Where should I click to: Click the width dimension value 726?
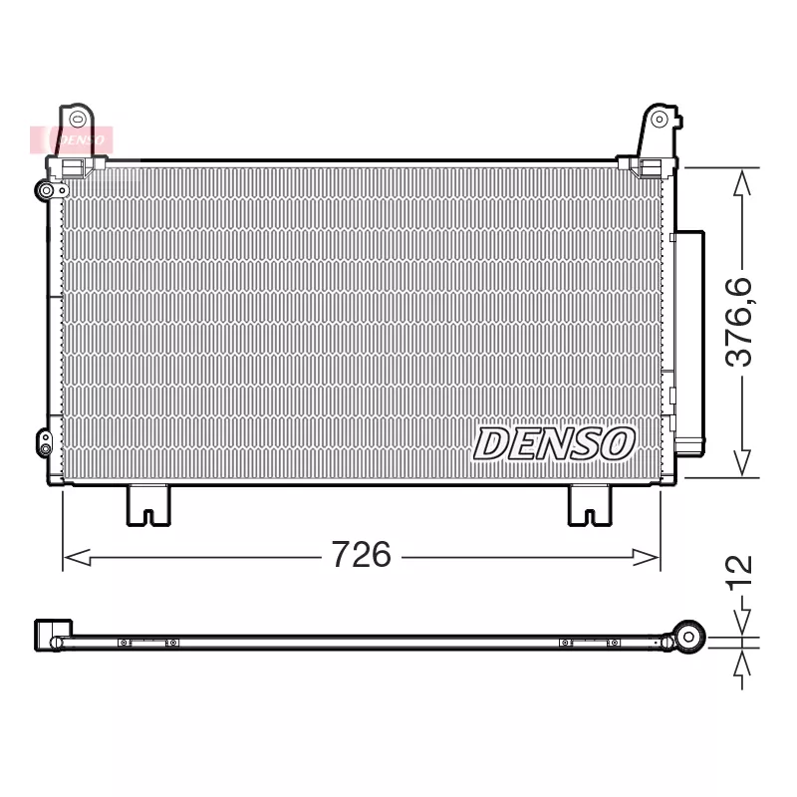[361, 555]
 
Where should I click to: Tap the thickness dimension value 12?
[739, 576]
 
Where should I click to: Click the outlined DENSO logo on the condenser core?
[553, 443]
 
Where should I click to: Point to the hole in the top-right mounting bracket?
[659, 120]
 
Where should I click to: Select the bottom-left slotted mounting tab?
[147, 504]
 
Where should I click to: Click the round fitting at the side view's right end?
[688, 636]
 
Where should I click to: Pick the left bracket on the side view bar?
[147, 643]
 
